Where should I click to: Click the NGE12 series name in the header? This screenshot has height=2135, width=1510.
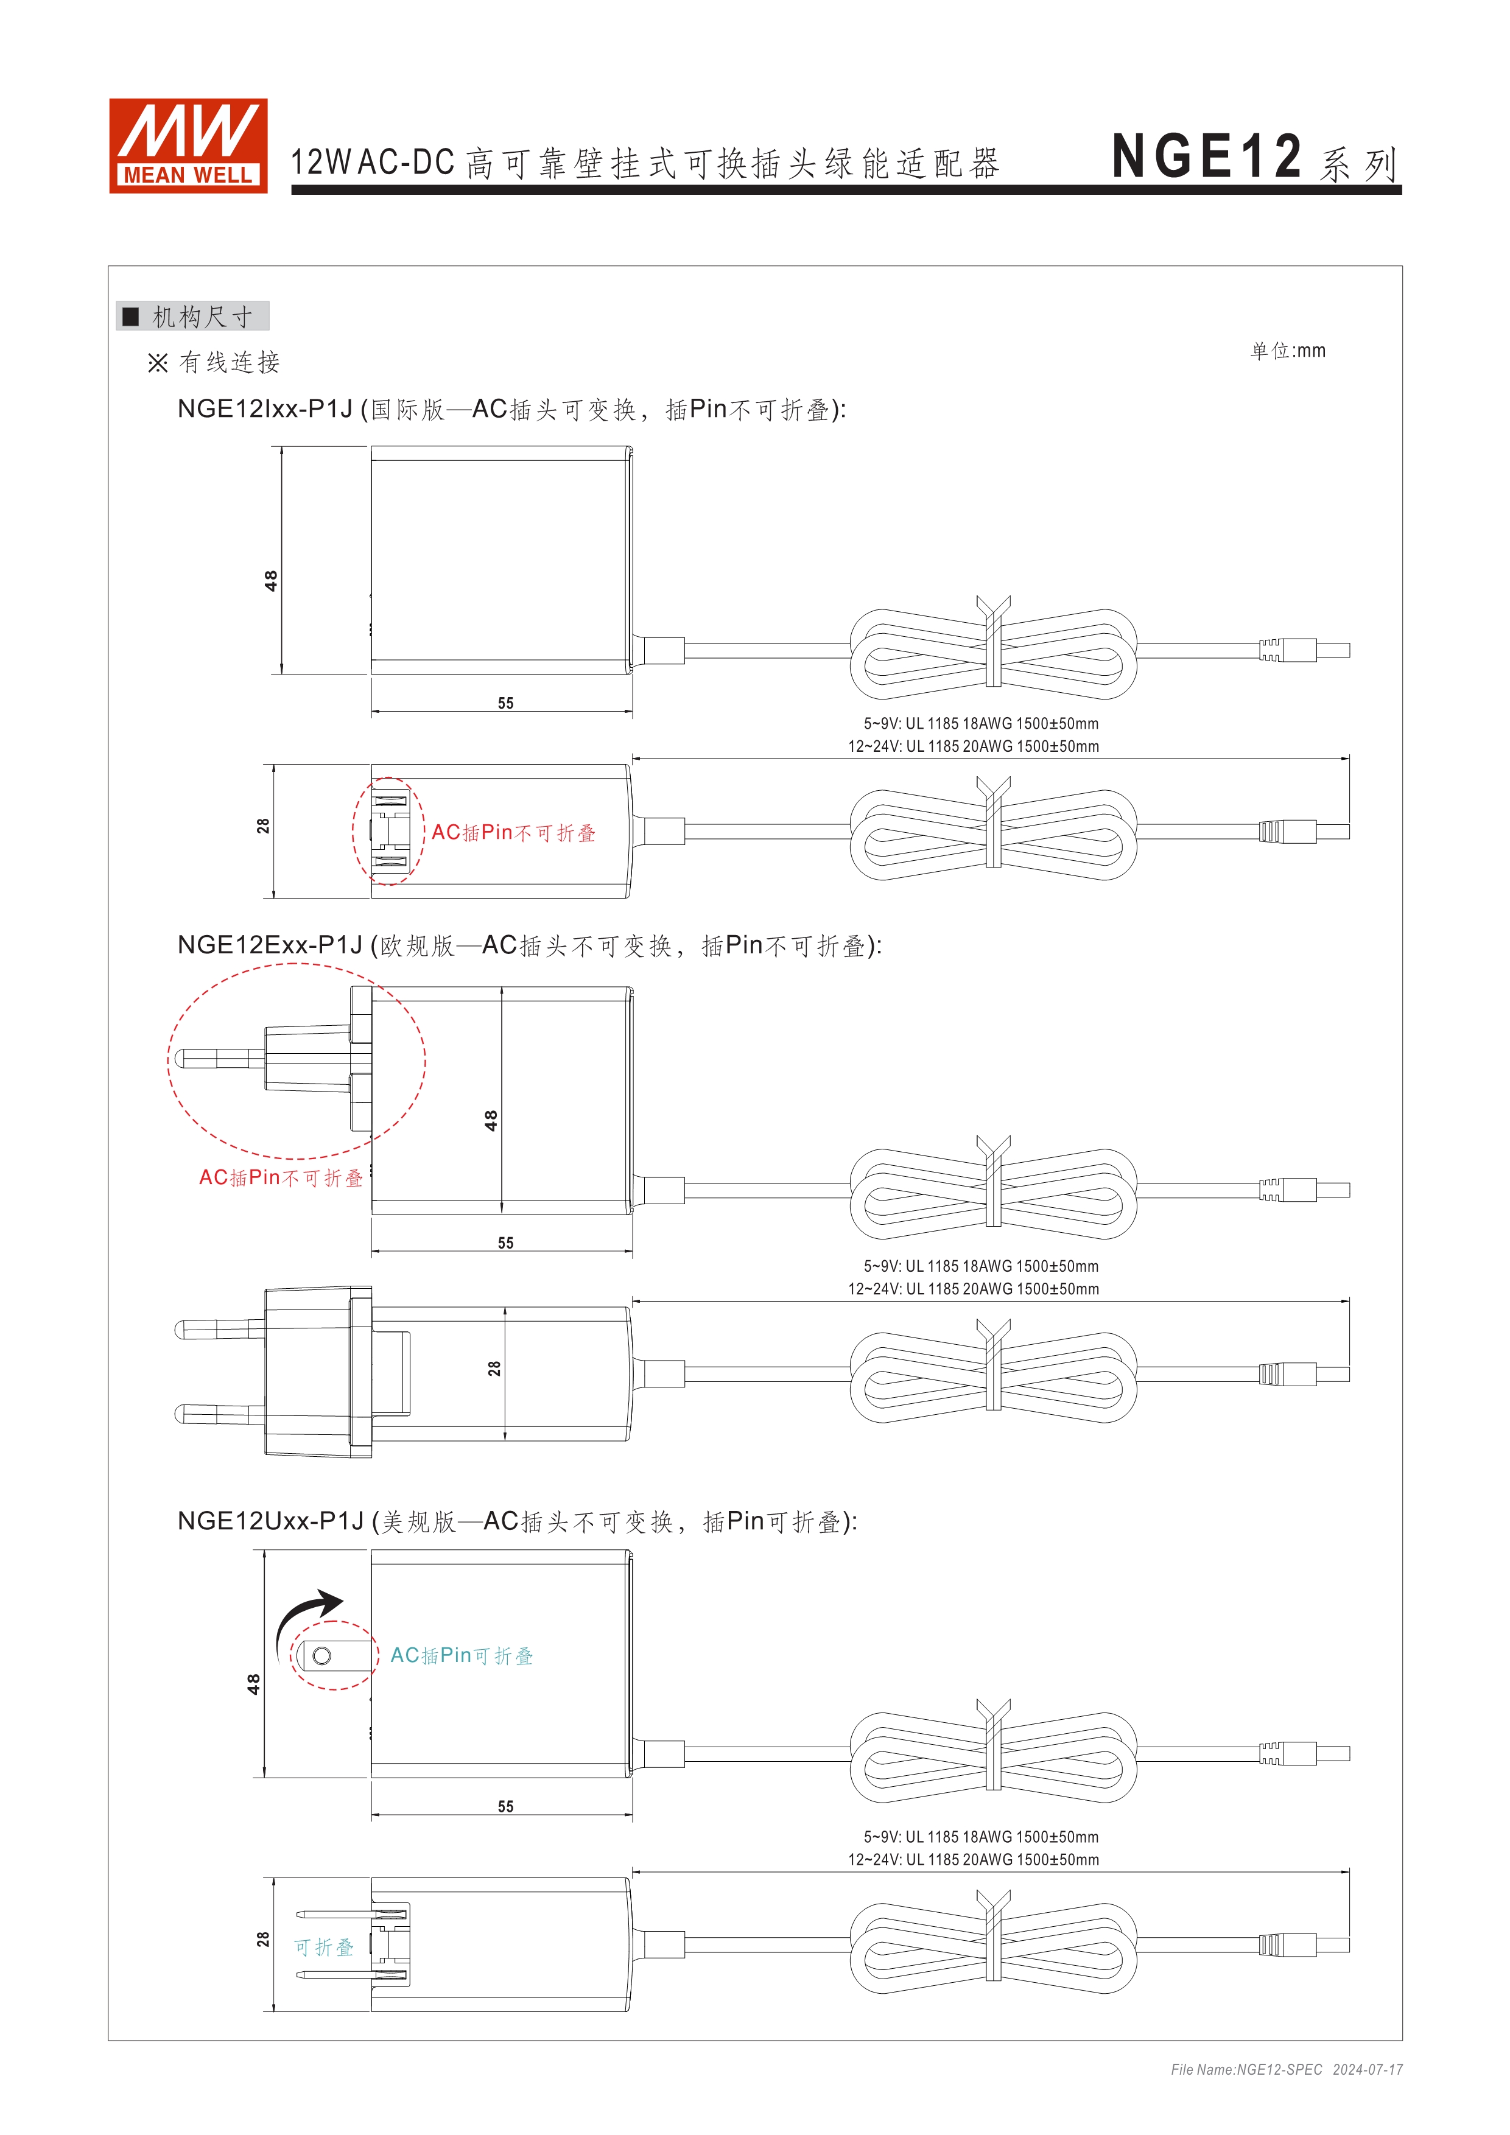click(1206, 156)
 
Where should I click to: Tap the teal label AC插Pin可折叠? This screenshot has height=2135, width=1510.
click(461, 1655)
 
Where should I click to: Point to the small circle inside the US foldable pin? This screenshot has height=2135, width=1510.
click(321, 1655)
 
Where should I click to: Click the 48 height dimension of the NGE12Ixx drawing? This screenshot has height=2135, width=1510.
click(270, 580)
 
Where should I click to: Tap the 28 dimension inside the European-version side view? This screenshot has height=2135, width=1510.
click(494, 1369)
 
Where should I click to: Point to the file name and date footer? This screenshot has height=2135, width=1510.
click(1286, 2069)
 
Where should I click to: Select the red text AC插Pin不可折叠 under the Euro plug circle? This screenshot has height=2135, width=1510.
click(280, 1178)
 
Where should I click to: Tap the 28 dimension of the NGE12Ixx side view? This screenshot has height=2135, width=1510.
click(263, 826)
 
